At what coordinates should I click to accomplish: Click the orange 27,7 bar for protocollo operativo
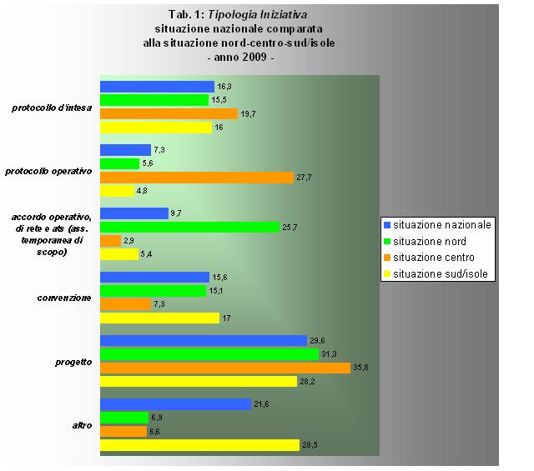(x=197, y=178)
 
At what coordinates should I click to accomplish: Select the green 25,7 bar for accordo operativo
(x=189, y=227)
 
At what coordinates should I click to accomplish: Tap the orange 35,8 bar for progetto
(x=225, y=368)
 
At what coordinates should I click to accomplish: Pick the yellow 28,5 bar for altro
(x=199, y=445)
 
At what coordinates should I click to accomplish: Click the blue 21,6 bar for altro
(x=175, y=404)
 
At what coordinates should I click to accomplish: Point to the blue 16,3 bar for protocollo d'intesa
(x=157, y=87)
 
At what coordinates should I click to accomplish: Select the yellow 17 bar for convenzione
(x=159, y=318)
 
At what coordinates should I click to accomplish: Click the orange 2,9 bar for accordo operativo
(x=110, y=241)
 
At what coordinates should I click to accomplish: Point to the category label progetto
(x=73, y=362)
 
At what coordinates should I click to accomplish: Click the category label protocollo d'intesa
(x=52, y=107)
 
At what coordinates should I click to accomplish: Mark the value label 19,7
(x=249, y=113)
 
